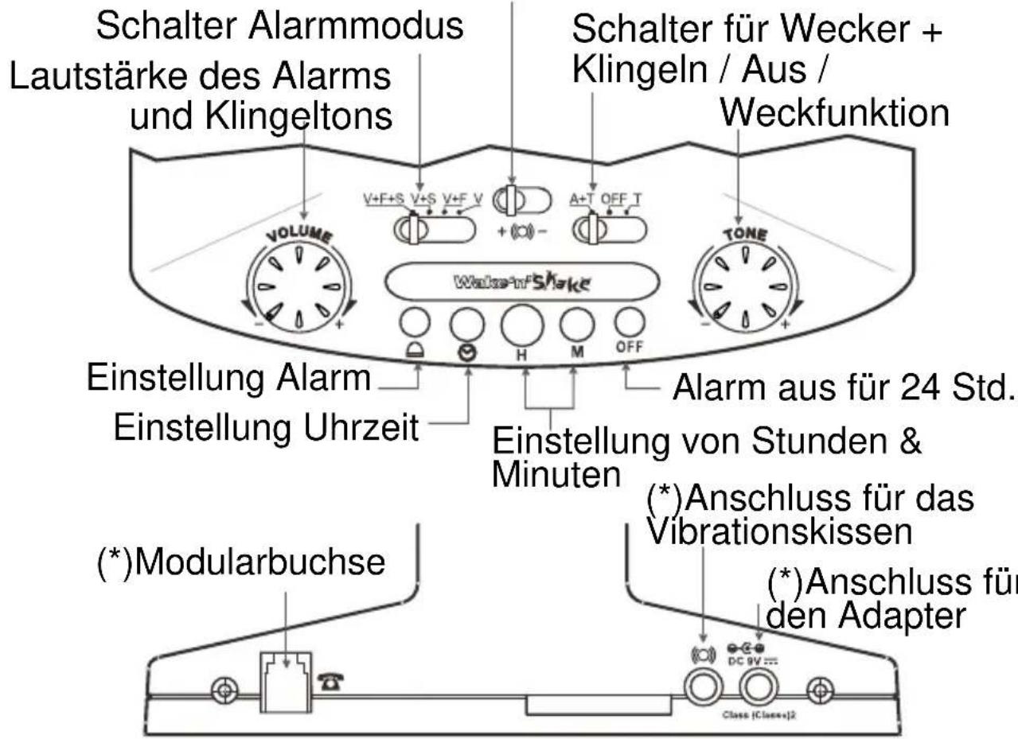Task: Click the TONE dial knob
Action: click(x=743, y=283)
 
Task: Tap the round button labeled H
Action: click(x=521, y=324)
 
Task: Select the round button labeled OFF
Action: click(x=628, y=321)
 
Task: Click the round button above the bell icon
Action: click(x=415, y=322)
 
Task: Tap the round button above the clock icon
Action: click(x=467, y=322)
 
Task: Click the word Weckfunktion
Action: click(x=834, y=113)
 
